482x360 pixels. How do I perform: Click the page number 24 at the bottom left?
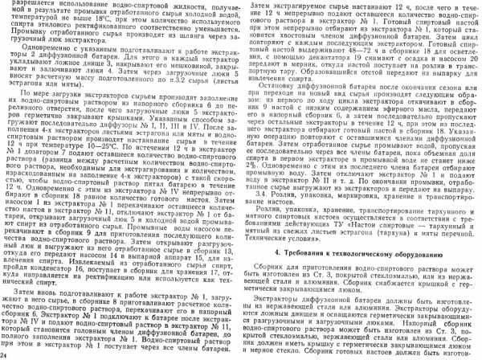4,354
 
